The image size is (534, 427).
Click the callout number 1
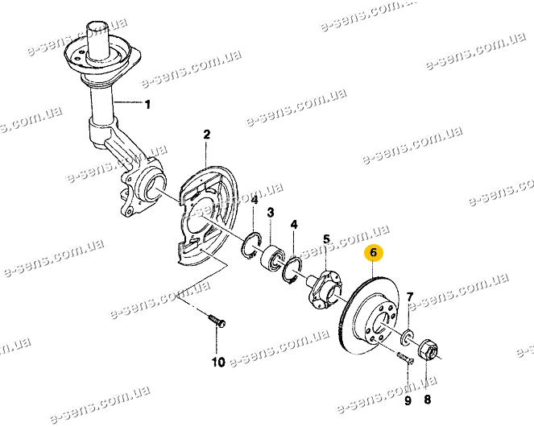147,104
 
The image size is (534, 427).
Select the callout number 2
206,135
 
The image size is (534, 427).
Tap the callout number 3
270,213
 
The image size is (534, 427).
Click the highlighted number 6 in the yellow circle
374,253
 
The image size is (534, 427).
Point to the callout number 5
326,239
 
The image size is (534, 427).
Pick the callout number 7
410,296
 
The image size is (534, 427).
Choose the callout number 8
427,399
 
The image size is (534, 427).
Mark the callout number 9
408,400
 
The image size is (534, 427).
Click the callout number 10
218,362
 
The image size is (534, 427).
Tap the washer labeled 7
407,336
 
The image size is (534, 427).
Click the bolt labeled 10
217,320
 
